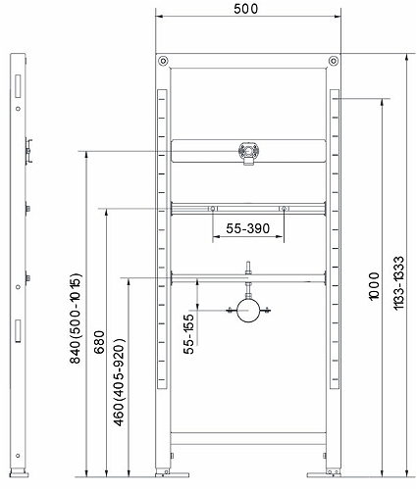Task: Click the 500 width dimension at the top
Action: coord(246,9)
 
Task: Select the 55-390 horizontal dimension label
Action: coord(248,228)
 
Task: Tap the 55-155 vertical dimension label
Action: coord(188,334)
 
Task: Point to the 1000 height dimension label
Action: coord(374,286)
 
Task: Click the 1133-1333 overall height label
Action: coord(398,283)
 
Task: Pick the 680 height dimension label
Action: coord(99,342)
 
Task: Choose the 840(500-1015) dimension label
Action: coord(75,318)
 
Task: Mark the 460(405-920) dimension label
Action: coord(119,382)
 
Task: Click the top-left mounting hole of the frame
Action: coord(163,61)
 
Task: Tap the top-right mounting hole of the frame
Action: coord(334,61)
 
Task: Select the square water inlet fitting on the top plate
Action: coord(249,153)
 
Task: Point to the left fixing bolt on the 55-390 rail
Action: coord(213,209)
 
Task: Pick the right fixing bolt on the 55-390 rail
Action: coord(284,209)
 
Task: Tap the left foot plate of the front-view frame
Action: coord(173,474)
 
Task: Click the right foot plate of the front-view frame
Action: coord(324,474)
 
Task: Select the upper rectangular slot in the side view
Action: coord(18,86)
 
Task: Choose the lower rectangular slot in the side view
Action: coord(18,331)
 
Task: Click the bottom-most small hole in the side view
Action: coord(18,456)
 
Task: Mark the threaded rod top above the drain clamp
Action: coord(248,264)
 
